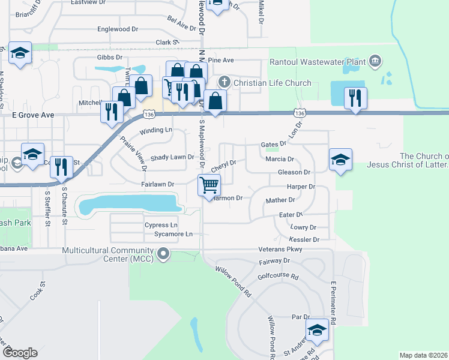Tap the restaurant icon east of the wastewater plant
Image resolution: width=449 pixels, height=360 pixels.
355,97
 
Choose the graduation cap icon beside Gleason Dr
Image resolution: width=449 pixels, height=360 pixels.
340,159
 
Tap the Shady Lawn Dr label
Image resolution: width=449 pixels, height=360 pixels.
172,157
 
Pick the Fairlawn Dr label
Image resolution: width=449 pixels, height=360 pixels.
157,184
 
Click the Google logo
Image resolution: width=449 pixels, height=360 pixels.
20,352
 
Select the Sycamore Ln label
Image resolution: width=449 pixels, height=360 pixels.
173,234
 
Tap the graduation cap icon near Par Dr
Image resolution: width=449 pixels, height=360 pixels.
318,329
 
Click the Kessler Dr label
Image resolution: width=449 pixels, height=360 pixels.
307,239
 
